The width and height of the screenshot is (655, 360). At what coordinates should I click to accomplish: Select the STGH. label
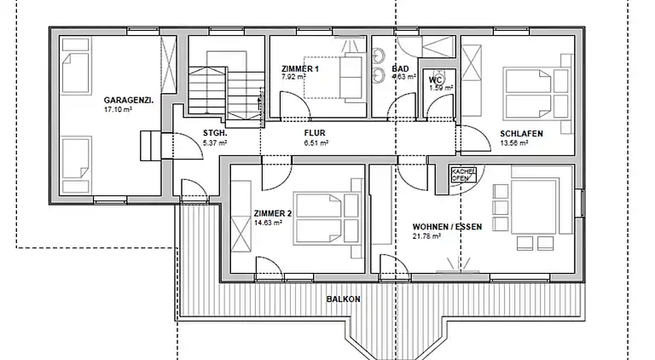coord(213,133)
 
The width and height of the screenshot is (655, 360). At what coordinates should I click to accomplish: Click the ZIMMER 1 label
coord(299,69)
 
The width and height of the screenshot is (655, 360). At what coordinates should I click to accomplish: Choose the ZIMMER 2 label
coord(272,213)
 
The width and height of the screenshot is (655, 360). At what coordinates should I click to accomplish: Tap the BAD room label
coord(400,69)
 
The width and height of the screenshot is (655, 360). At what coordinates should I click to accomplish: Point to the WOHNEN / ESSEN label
coord(440,226)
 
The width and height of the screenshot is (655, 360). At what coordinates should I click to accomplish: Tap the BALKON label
coord(343,299)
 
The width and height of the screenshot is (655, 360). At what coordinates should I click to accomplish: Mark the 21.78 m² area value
coord(426,236)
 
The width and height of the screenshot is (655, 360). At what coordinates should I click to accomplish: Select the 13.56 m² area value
coord(513,144)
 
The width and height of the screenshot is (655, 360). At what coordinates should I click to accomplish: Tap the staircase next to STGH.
coord(221,89)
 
